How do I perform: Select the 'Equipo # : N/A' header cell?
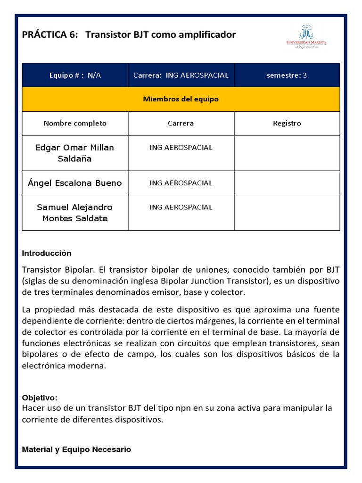(75, 75)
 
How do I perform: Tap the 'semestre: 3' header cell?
(287, 75)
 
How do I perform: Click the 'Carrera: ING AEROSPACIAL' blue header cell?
(181, 75)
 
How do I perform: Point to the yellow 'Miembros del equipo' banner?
(181, 100)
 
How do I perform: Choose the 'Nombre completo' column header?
(75, 124)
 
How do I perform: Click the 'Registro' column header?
(287, 124)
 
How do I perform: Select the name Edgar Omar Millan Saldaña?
(75, 153)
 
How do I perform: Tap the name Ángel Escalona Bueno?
(75, 183)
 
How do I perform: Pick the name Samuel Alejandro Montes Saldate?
(75, 213)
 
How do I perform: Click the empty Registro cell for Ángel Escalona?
(287, 183)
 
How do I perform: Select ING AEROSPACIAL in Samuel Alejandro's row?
(181, 208)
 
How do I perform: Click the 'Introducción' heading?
(47, 253)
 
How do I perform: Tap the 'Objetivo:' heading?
(40, 398)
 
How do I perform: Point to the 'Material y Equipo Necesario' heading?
(76, 450)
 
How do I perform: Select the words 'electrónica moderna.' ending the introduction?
(63, 365)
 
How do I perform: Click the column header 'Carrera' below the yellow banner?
(181, 124)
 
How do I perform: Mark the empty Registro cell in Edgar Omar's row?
(287, 153)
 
